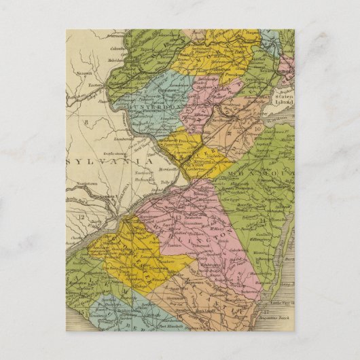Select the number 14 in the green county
point(261,221)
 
